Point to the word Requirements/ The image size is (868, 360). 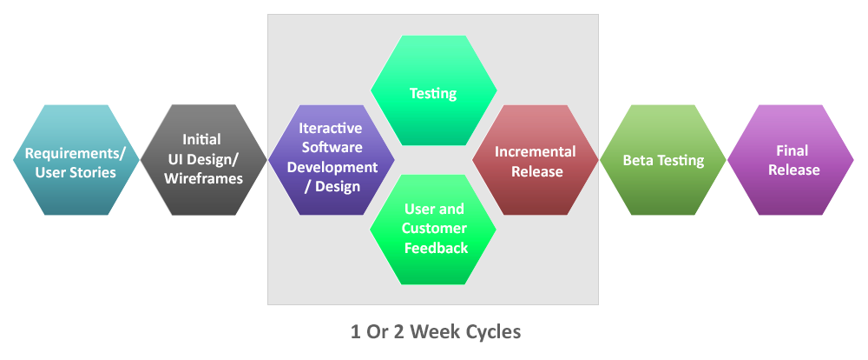coord(76,153)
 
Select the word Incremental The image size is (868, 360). coord(536,151)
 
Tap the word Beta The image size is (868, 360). coord(639,161)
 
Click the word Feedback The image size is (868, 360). coord(436,248)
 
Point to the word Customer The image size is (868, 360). coord(435,229)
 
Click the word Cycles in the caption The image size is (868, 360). coord(493,331)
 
